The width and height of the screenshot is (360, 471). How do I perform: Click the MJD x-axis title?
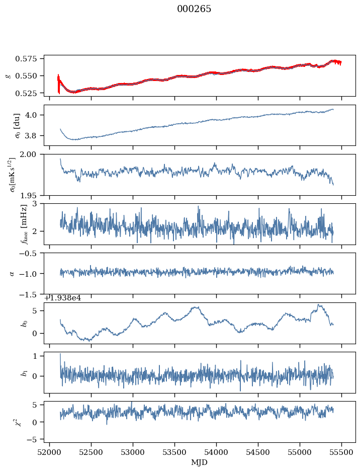tap(200, 462)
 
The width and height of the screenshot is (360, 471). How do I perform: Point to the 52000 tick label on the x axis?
tap(49, 452)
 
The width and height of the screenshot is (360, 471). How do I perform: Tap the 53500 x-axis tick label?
tap(175, 452)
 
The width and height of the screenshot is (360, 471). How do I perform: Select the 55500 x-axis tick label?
tap(342, 452)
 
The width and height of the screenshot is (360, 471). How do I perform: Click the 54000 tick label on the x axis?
tap(217, 452)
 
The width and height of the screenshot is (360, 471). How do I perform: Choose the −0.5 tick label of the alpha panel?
tap(30, 254)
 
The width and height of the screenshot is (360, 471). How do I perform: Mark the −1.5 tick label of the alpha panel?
tap(30, 294)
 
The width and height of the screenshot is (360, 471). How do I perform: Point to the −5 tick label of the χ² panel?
tap(34, 439)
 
